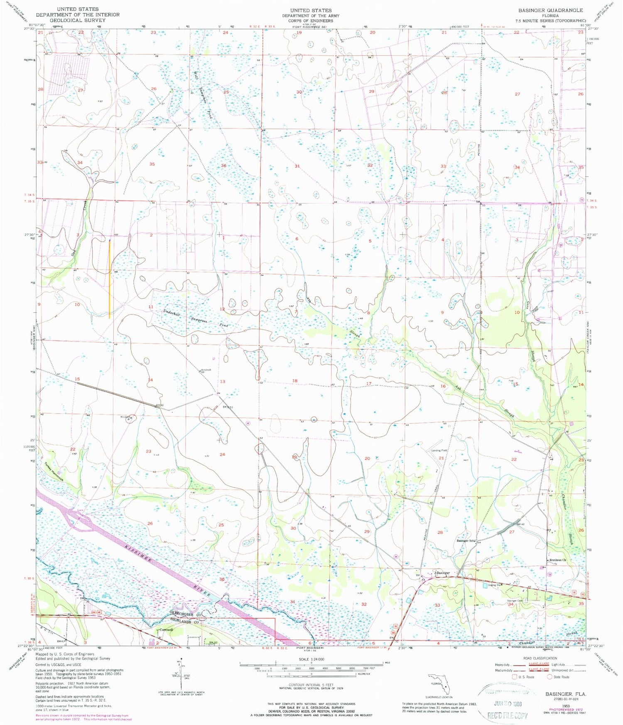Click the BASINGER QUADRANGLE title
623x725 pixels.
pyautogui.click(x=550, y=10)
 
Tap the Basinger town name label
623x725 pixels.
pyautogui.click(x=443, y=573)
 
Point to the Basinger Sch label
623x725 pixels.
pyautogui.click(x=465, y=541)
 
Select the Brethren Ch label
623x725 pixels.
pyautogui.click(x=558, y=560)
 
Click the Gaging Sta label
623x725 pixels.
pyautogui.click(x=494, y=585)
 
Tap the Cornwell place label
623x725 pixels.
pyautogui.click(x=165, y=630)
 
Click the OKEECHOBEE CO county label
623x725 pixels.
pyautogui.click(x=185, y=614)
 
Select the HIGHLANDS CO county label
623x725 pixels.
pyautogui.click(x=185, y=620)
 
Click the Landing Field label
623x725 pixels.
pyautogui.click(x=439, y=450)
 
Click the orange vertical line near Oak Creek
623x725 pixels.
pyautogui.click(x=110, y=279)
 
